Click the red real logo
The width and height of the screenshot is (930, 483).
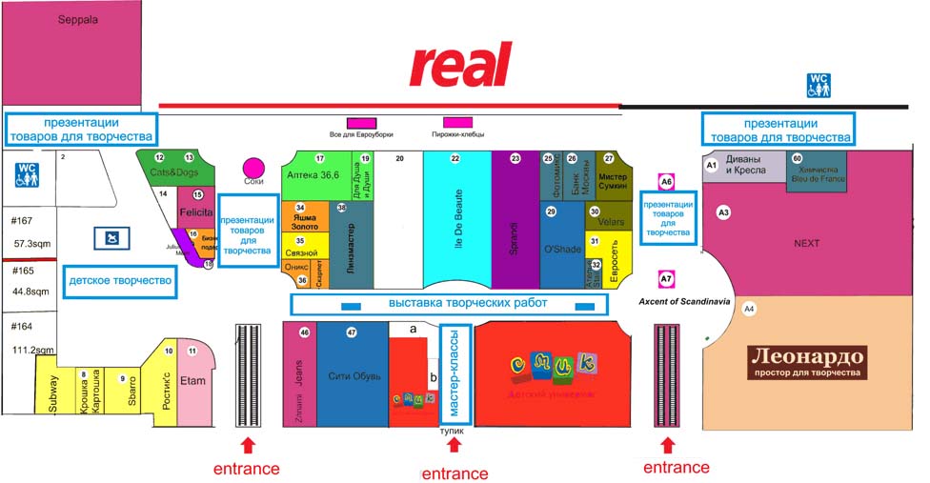(461, 65)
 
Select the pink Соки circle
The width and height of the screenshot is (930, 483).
(253, 169)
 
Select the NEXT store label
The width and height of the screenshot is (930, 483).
(806, 244)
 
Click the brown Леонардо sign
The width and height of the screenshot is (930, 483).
(808, 361)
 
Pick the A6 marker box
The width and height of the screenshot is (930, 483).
(667, 181)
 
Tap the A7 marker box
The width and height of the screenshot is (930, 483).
(667, 279)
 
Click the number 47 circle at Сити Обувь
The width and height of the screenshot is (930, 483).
(352, 332)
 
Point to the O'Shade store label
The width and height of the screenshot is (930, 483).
(561, 249)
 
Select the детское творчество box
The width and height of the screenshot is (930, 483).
(120, 281)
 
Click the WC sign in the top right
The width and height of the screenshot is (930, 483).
(819, 85)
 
